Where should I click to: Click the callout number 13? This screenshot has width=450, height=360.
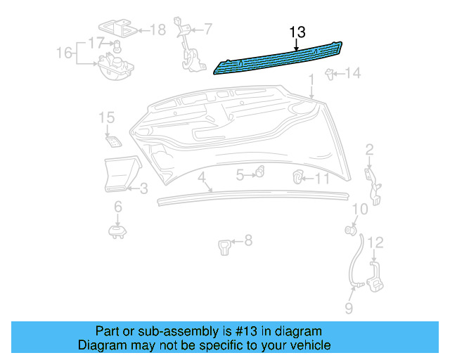pos(297,32)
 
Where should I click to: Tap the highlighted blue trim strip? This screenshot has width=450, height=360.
pos(281,58)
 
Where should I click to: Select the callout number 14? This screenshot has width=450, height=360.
pos(352,73)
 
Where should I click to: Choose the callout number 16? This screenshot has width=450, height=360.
pos(64,53)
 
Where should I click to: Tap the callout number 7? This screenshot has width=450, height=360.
pos(208,29)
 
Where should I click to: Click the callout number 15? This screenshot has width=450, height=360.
pos(106,117)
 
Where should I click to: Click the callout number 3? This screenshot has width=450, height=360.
pos(143,188)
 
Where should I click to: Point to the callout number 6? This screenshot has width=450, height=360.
pos(117,206)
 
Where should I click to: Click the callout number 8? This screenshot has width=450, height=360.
pos(247,241)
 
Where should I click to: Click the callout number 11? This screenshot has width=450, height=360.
pos(321,179)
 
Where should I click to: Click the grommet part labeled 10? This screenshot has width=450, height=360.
pos(349,230)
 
